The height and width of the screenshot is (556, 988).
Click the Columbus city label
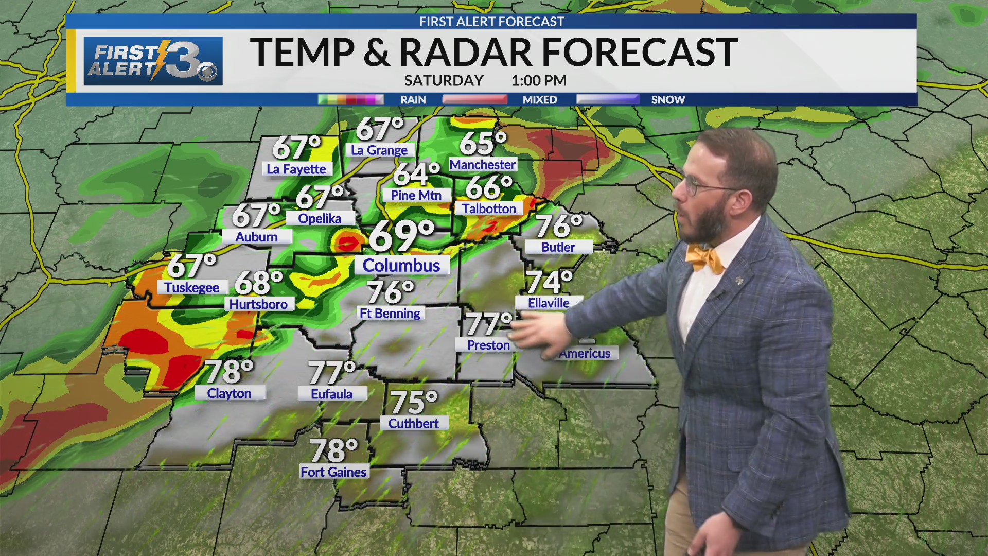click(401, 266)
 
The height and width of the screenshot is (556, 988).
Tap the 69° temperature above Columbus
click(401, 236)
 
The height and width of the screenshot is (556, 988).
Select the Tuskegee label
click(191, 287)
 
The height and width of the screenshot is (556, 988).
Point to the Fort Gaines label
click(333, 472)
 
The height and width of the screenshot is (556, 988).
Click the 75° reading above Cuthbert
click(414, 402)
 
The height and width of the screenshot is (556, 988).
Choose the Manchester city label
click(482, 165)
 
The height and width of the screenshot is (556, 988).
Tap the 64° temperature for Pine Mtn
click(416, 174)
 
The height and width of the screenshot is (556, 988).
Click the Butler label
click(558, 247)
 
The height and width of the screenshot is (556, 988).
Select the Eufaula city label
click(332, 394)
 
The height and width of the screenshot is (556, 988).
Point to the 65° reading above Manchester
click(483, 143)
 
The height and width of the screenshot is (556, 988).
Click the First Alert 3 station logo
click(153, 61)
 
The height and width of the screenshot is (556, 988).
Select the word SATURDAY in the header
click(444, 81)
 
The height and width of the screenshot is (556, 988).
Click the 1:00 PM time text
click(539, 81)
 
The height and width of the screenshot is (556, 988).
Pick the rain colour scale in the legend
click(351, 99)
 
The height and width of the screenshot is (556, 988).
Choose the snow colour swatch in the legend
click(608, 99)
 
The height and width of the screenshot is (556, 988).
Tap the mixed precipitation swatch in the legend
click(474, 99)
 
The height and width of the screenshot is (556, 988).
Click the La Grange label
click(379, 150)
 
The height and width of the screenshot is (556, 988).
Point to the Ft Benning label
click(390, 314)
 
